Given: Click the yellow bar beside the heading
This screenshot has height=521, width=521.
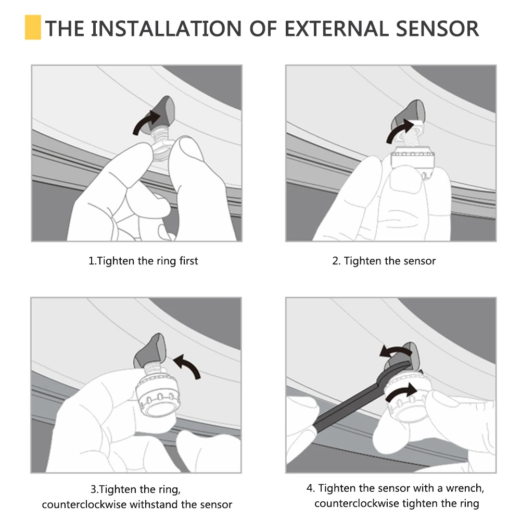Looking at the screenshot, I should click(x=32, y=28).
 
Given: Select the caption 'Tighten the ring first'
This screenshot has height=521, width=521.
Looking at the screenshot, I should click(x=143, y=261).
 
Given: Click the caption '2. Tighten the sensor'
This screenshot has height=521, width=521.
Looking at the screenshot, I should click(x=384, y=261).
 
